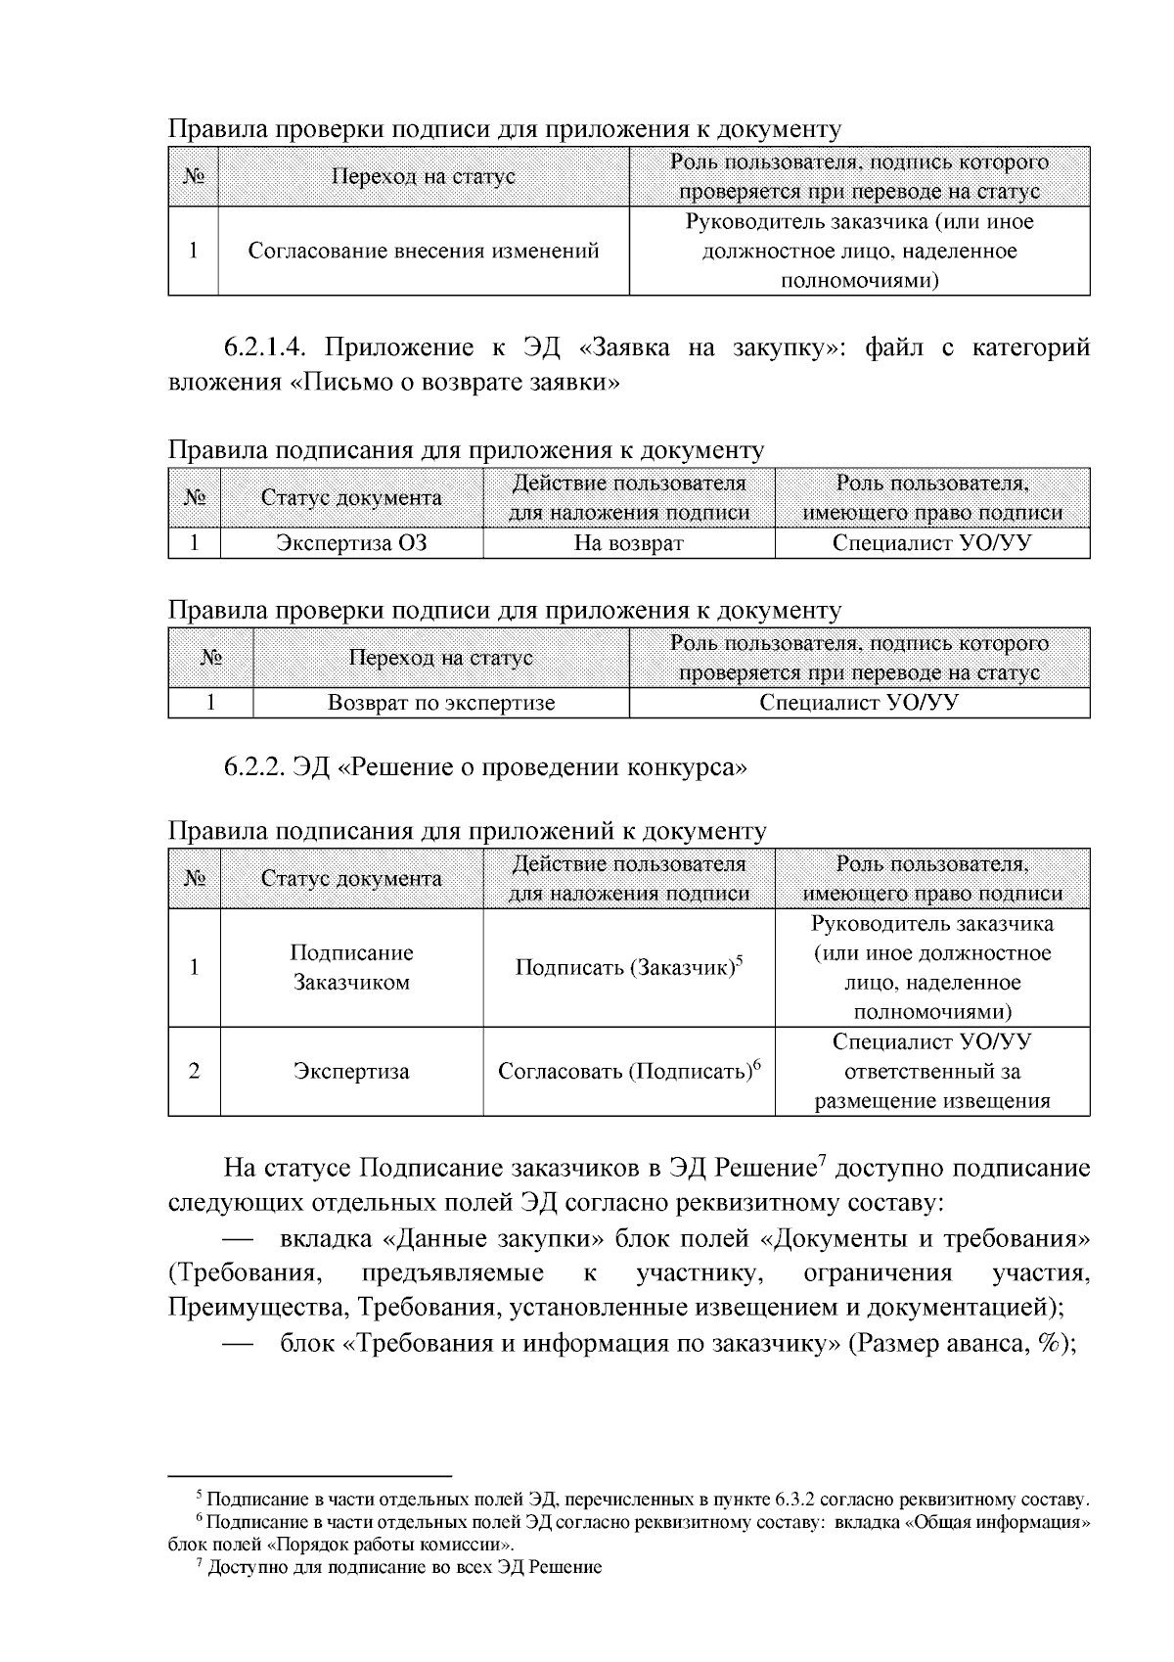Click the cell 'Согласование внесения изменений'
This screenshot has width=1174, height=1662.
click(x=423, y=251)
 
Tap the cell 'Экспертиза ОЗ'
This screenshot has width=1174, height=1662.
click(x=351, y=543)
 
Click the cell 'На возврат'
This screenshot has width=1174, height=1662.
click(x=628, y=543)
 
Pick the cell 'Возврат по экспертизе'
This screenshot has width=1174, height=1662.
click(x=440, y=703)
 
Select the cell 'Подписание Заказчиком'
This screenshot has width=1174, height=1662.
click(x=351, y=968)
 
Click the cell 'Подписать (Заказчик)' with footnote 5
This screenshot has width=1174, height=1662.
click(x=628, y=968)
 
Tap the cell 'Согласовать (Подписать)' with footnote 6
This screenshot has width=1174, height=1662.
click(x=628, y=1071)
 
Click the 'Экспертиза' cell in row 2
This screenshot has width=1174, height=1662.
click(x=351, y=1072)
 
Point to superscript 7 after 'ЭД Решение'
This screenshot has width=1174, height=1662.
click(x=823, y=1160)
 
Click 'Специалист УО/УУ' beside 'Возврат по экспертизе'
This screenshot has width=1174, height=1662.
click(x=858, y=703)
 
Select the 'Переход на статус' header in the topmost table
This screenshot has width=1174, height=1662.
click(x=423, y=176)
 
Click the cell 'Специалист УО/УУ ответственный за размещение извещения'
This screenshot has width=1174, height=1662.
click(x=931, y=1071)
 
